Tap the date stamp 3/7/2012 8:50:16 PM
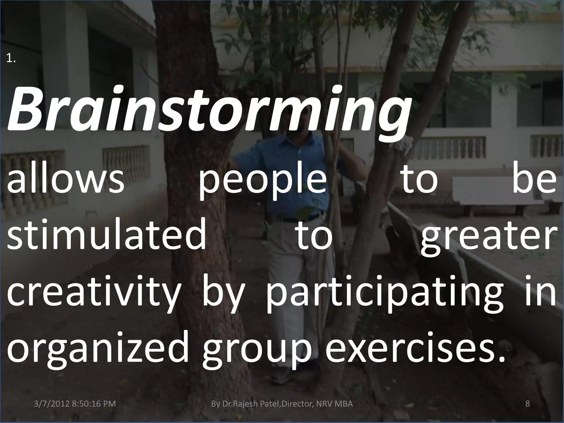(x=74, y=404)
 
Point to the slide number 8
(x=528, y=404)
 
